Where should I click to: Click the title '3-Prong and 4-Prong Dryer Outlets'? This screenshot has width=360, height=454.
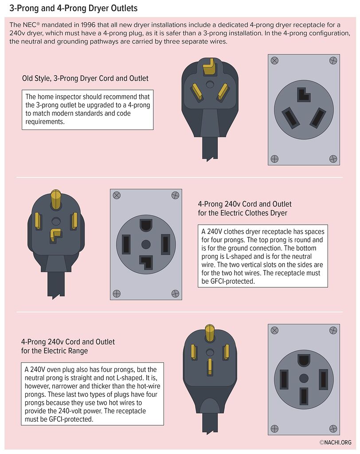coord(74,8)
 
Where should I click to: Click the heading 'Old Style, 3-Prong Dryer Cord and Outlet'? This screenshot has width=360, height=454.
coord(85,78)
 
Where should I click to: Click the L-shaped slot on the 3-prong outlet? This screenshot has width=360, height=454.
coord(304,94)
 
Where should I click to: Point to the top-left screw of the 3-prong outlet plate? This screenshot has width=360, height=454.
coord(274,61)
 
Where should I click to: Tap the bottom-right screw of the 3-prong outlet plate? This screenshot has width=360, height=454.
coord(333,159)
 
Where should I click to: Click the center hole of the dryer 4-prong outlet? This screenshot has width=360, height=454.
coord(146,244)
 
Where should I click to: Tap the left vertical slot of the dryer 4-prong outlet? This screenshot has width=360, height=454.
coord(126,244)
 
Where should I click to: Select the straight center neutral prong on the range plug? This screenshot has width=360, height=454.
coord(209,367)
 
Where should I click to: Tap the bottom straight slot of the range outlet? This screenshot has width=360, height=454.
coord(304,396)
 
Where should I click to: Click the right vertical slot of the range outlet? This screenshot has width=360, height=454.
coord(323,379)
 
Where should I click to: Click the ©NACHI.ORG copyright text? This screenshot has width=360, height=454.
coord(335,442)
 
